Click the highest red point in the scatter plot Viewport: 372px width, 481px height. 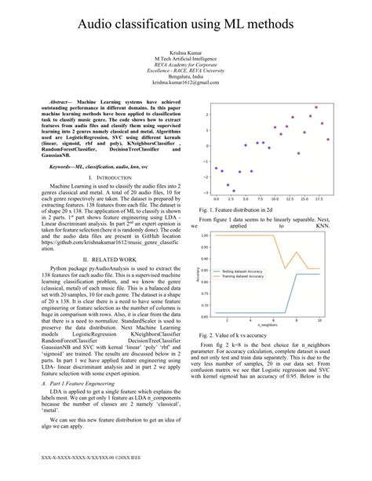(316, 107)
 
